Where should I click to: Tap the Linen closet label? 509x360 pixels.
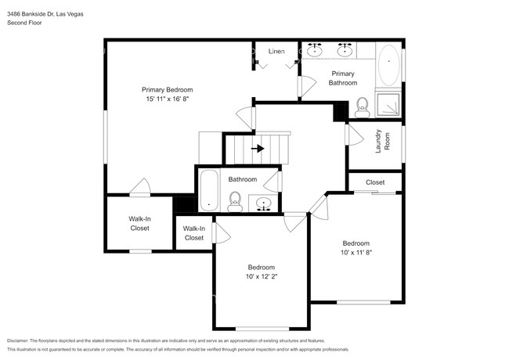tap(276, 51)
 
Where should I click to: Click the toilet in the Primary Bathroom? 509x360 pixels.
tap(363, 106)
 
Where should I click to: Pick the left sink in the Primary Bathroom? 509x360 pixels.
tap(315, 51)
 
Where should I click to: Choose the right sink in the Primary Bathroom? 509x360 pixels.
tap(345, 51)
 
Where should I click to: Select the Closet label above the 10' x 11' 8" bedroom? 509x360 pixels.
tap(375, 182)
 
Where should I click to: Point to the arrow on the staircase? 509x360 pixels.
tap(257, 147)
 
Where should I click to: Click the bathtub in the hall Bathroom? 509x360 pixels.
tap(209, 191)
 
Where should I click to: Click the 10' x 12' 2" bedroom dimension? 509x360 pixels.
tap(261, 276)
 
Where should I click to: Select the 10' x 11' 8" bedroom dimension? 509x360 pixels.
tap(355, 253)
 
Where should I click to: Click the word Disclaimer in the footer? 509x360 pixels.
tap(21, 340)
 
